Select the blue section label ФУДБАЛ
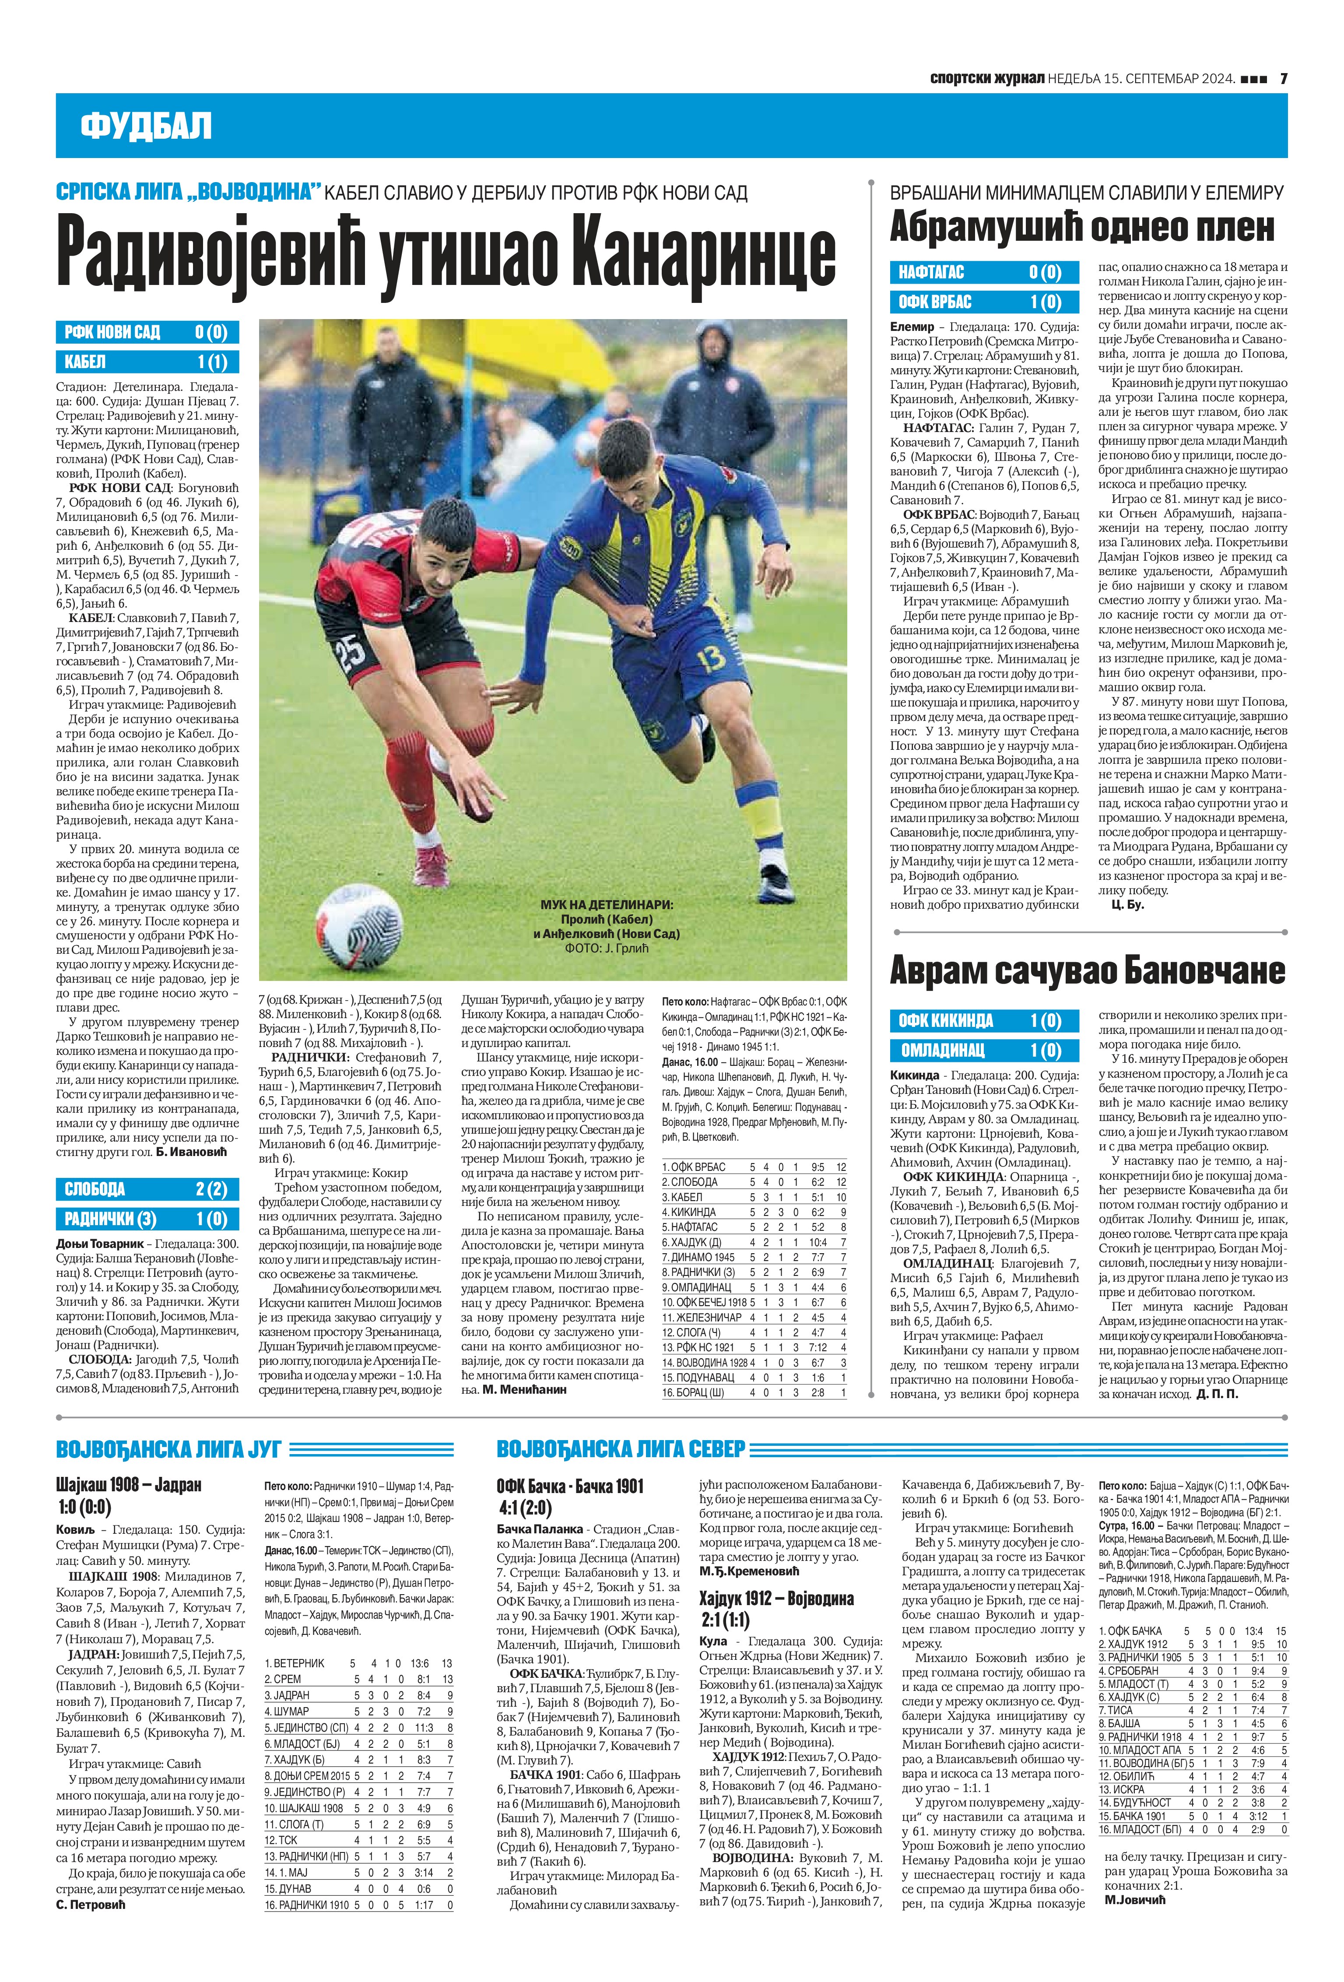click(146, 126)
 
